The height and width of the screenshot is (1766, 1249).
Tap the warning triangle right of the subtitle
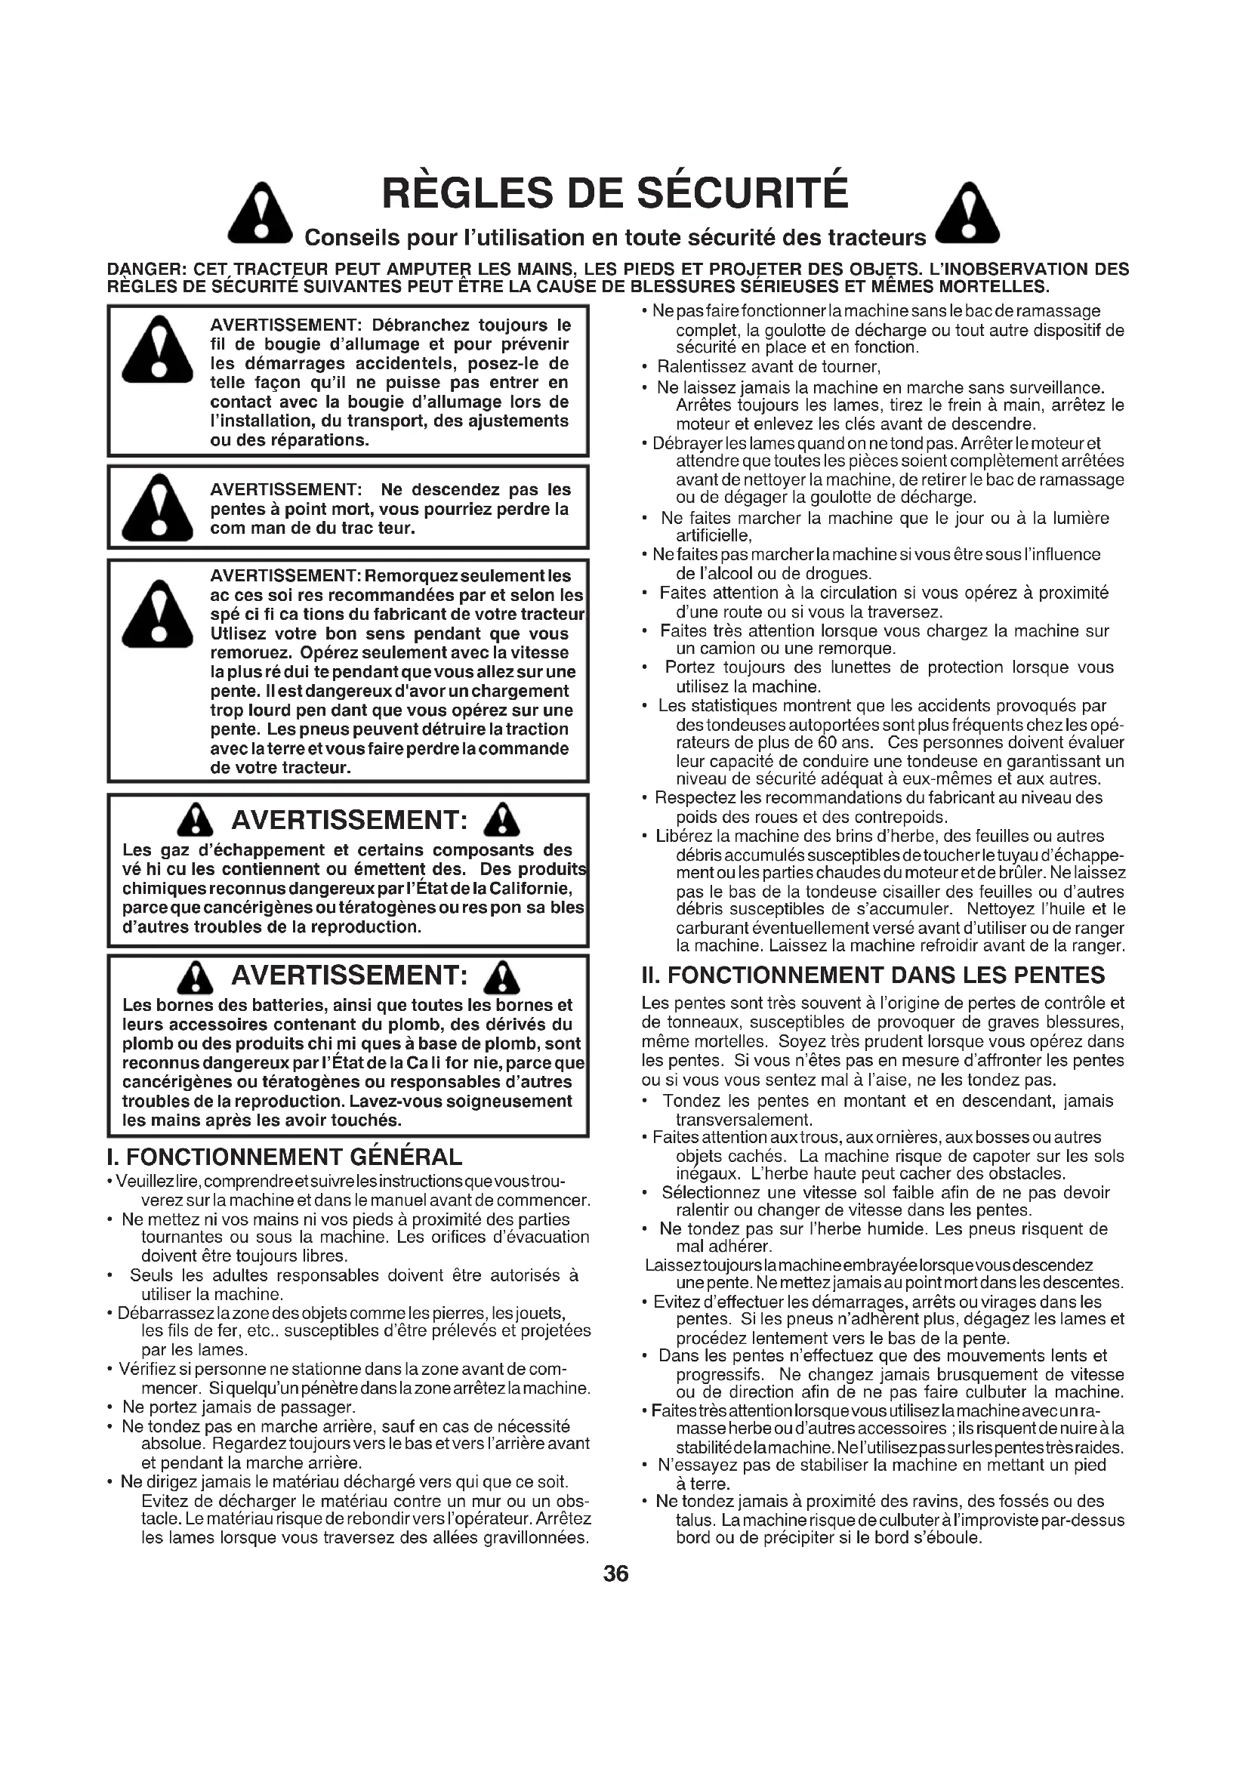[x=970, y=211]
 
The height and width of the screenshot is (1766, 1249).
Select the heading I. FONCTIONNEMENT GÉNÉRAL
[x=285, y=1157]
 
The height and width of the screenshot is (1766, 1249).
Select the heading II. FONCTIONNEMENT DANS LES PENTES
[x=873, y=975]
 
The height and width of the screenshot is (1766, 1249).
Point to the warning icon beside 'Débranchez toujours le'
[x=158, y=351]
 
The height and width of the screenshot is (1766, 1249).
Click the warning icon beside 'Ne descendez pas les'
[x=158, y=506]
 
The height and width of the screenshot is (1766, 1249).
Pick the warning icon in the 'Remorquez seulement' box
[x=158, y=614]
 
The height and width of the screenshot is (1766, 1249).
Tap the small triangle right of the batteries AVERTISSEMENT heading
[x=502, y=977]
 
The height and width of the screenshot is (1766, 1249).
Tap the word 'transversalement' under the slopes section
[x=743, y=1120]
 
